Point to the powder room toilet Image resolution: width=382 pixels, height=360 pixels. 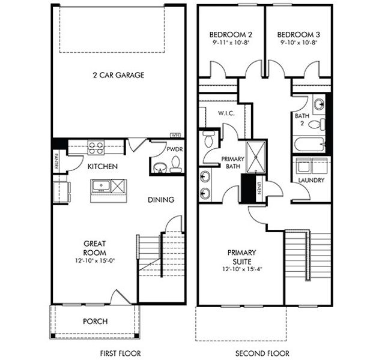[175, 164]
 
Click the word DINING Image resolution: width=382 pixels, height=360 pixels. [160, 200]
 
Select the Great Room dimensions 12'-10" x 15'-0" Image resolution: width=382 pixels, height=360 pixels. [95, 262]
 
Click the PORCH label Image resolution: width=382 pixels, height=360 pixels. [95, 322]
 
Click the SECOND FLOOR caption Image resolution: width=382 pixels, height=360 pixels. [262, 353]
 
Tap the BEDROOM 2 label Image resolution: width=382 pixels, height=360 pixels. [231, 34]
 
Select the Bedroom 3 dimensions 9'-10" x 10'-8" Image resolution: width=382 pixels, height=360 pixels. [299, 43]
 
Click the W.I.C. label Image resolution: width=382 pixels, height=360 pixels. [226, 113]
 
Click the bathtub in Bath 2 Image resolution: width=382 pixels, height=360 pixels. [309, 144]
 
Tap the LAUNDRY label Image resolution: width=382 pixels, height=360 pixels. [311, 180]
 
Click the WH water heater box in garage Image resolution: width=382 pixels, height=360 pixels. [176, 134]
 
